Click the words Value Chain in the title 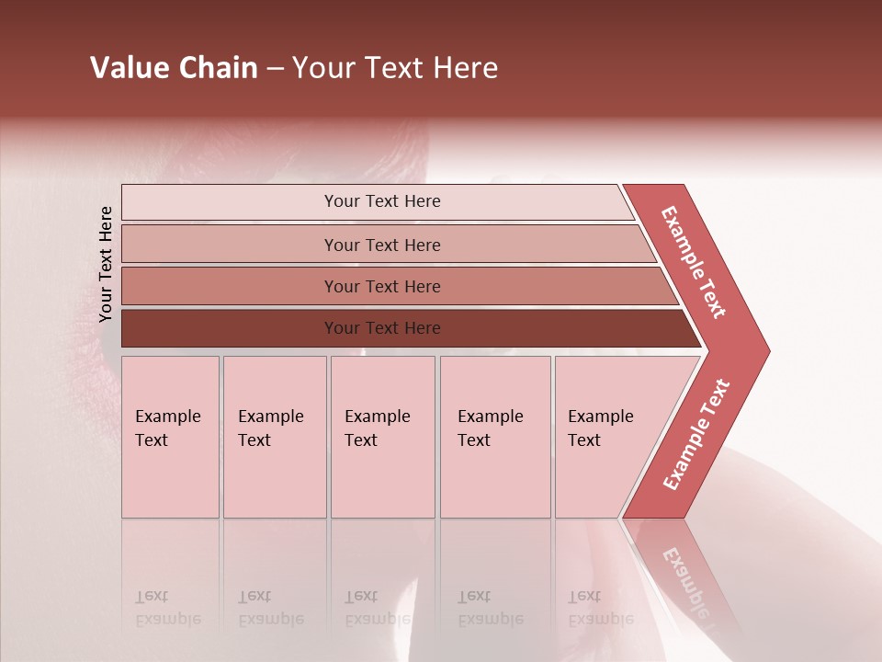(174, 68)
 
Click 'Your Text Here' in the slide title (395, 68)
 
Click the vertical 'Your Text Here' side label (106, 264)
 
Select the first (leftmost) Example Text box (170, 437)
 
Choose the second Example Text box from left (275, 437)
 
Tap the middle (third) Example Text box (382, 437)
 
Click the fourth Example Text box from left (495, 437)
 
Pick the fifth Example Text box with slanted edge (606, 437)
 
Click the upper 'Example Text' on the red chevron (694, 262)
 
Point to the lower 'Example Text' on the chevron (696, 434)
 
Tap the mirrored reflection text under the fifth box (600, 608)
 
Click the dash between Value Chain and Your (275, 69)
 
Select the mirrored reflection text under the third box (377, 608)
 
